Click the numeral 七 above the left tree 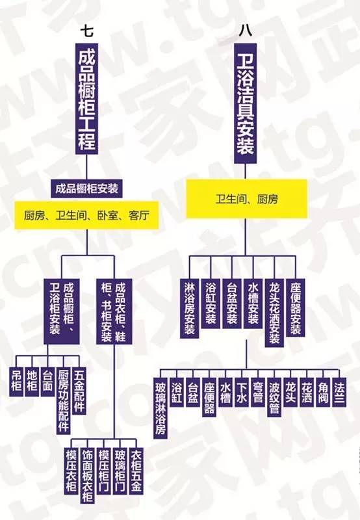coord(87,31)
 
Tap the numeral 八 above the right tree coord(245,31)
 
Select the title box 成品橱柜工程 coord(87,99)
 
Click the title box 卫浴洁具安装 coord(245,103)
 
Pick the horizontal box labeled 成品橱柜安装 coord(87,188)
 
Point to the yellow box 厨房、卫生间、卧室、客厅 coord(87,216)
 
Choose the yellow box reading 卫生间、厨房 coord(247,199)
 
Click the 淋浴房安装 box coord(190,308)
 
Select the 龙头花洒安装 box coord(274,313)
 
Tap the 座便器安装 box coord(296,307)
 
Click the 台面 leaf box coord(47,381)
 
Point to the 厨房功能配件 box coord(63,400)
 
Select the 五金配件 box coord(79,391)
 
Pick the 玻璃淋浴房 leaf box coord(161,408)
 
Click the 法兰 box coord(339,392)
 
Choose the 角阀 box coord(323,392)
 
